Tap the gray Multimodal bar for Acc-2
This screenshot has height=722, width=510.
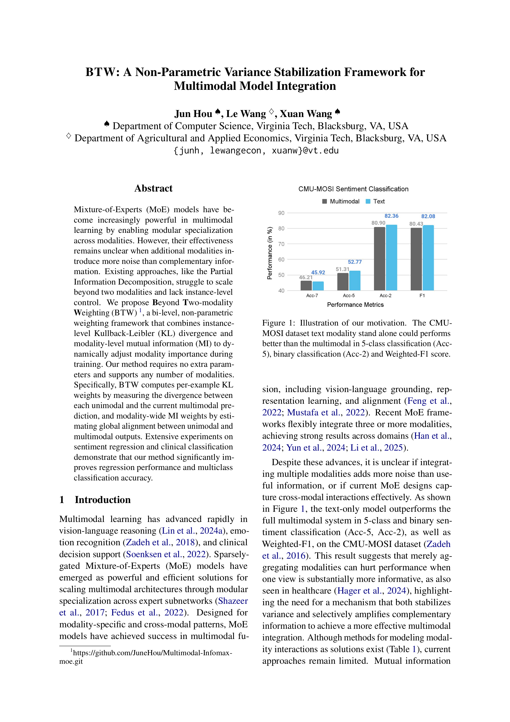tap(379, 259)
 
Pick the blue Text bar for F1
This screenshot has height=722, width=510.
tap(428, 258)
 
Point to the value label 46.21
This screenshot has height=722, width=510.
tap(306, 277)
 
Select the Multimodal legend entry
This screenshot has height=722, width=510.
tap(341, 201)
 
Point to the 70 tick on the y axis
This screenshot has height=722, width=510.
tap(281, 244)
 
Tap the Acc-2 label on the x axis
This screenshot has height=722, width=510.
tap(385, 296)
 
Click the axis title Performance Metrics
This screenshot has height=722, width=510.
tap(355, 305)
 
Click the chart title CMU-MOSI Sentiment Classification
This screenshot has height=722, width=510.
tap(353, 189)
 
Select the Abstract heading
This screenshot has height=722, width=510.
tap(153, 188)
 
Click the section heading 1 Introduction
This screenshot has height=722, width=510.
tap(95, 500)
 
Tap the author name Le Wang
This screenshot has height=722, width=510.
tap(246, 114)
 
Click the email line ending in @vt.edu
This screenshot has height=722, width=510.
tap(255, 151)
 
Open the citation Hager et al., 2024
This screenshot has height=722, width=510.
tap(372, 591)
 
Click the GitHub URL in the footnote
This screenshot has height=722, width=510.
tap(152, 653)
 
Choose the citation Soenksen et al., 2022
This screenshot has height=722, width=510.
tap(166, 554)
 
